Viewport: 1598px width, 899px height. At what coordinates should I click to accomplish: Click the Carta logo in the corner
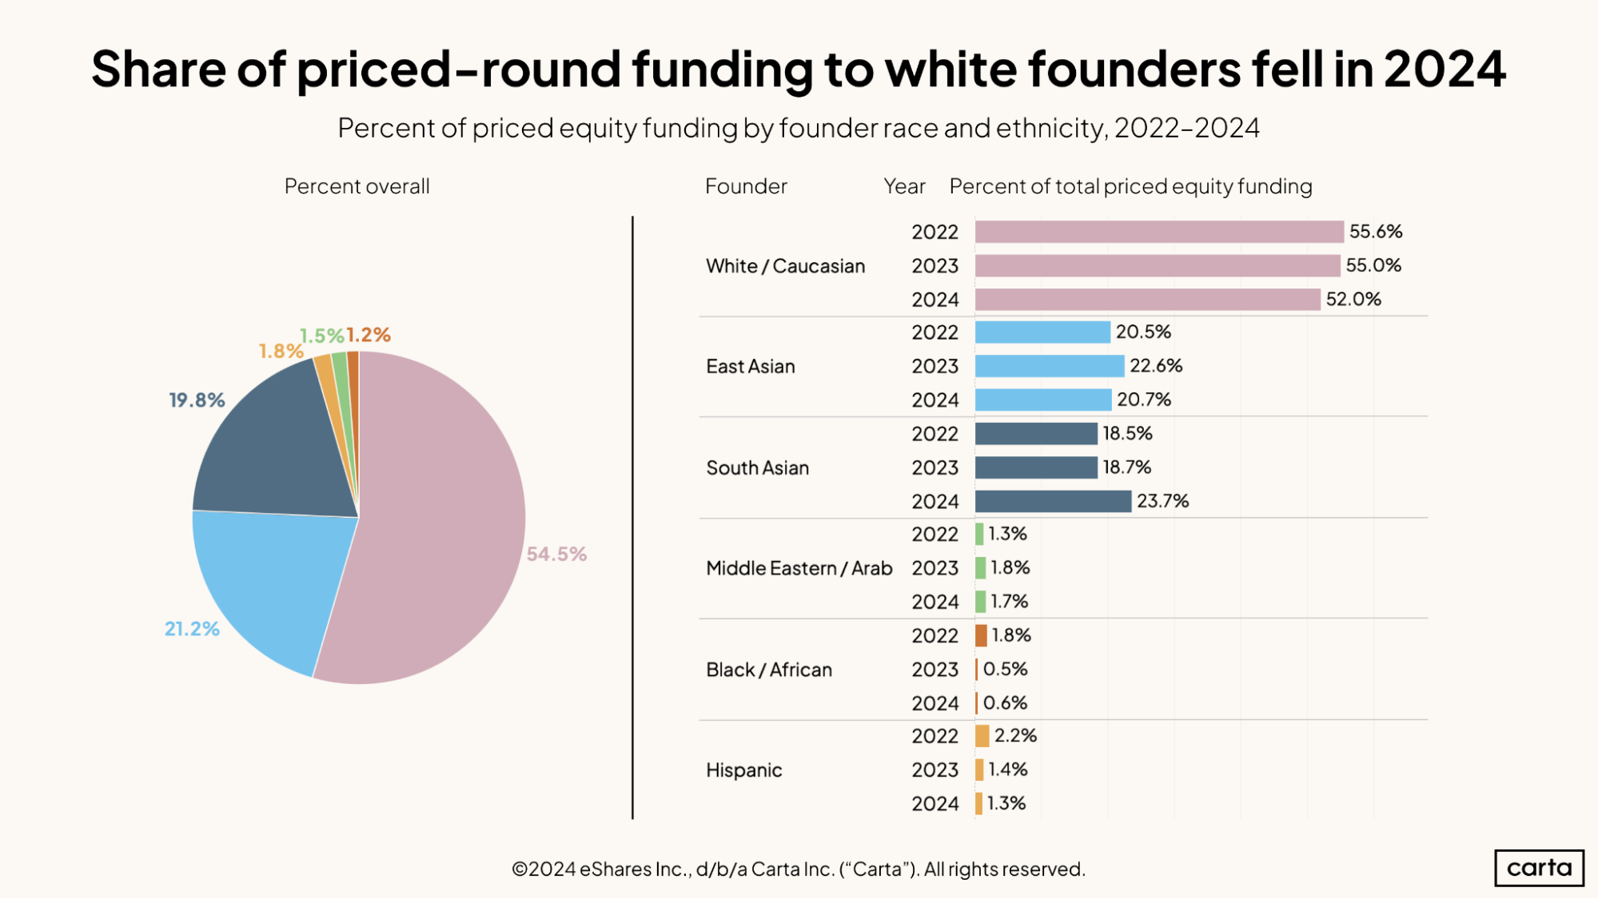[x=1539, y=868]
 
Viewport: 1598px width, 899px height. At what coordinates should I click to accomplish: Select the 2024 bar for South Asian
[x=1053, y=501]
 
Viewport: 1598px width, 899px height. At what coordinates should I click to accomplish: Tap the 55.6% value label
[x=1376, y=232]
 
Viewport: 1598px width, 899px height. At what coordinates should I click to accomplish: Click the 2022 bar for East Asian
[x=1042, y=332]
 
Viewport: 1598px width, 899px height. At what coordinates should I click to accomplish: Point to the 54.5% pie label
[x=556, y=554]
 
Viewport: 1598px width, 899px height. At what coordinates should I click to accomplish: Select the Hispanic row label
[x=744, y=770]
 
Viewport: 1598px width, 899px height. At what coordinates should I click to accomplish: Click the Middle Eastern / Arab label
[x=799, y=568]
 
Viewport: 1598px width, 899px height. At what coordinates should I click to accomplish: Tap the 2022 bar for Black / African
[x=981, y=635]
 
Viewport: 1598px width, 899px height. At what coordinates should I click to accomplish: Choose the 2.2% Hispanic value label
[x=1015, y=735]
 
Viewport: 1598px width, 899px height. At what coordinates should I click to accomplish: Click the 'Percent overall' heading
[x=357, y=186]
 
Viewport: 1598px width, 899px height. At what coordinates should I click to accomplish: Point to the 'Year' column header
[x=904, y=186]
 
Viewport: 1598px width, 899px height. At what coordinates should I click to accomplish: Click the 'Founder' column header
[x=746, y=186]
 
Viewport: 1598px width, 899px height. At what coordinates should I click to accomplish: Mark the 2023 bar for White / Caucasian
[x=1158, y=265]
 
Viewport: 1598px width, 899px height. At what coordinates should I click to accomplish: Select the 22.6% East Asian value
[x=1156, y=365]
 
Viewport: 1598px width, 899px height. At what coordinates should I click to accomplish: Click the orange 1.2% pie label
[x=369, y=335]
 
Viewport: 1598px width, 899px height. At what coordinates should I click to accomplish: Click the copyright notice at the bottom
[x=798, y=869]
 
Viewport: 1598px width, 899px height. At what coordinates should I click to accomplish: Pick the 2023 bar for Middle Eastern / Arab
[x=980, y=568]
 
